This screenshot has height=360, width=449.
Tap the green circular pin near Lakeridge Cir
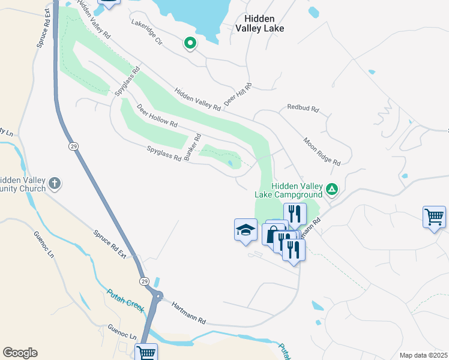[190, 43]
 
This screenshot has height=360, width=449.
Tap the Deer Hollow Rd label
[157, 116]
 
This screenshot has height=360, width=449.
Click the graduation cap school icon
[246, 230]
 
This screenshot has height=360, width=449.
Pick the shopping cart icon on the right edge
[434, 217]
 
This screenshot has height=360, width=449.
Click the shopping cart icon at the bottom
[146, 353]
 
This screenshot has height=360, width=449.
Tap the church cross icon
[55, 183]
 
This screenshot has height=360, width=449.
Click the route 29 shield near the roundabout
[144, 281]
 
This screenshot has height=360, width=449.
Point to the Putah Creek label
[125, 301]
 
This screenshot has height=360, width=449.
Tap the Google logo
[20, 353]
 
